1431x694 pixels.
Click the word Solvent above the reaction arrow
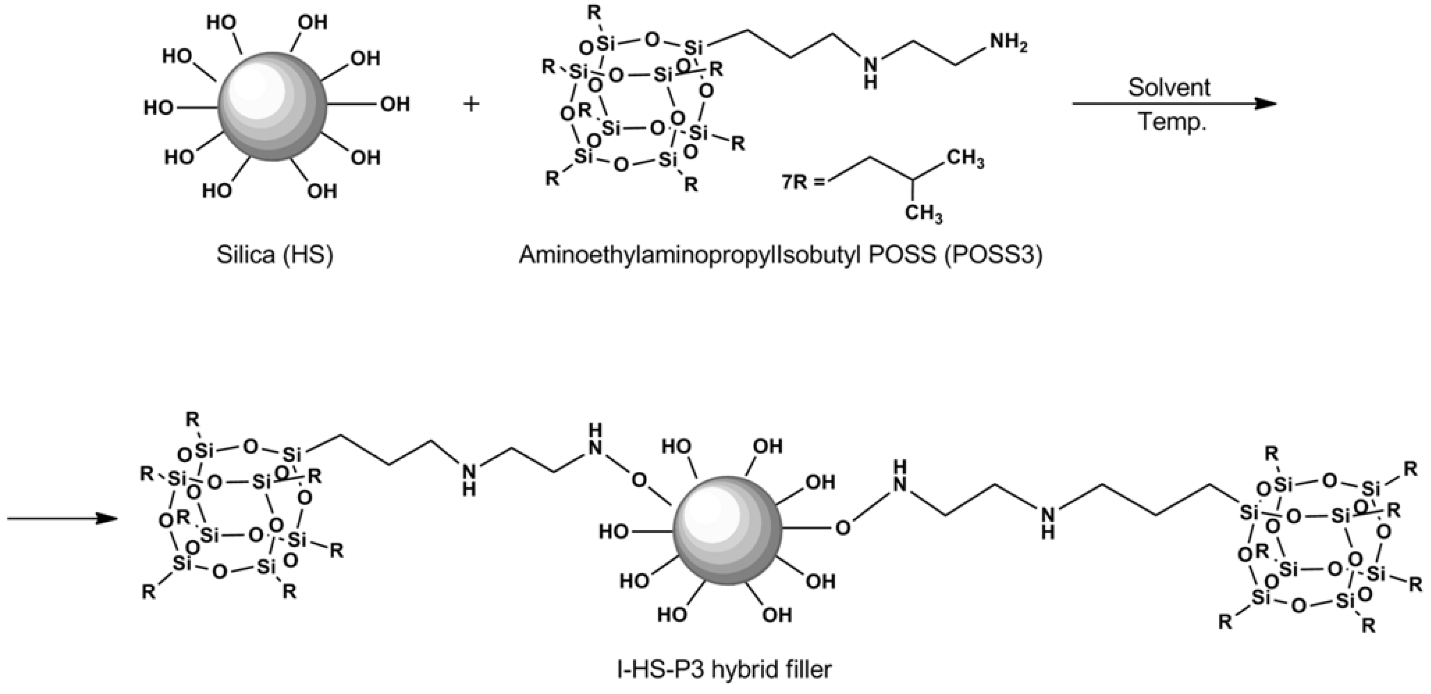[x=1169, y=88]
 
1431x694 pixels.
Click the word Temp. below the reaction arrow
[x=1173, y=122]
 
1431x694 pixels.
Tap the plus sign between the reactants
[x=471, y=104]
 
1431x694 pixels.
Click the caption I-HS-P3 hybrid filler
[x=725, y=669]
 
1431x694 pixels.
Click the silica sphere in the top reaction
[x=272, y=105]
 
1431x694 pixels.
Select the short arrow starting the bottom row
[x=61, y=518]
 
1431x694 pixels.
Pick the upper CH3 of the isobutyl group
[x=966, y=158]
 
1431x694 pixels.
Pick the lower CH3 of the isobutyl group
[x=923, y=213]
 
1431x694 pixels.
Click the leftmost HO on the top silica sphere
[x=159, y=107]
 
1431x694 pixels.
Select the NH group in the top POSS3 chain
[x=871, y=72]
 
